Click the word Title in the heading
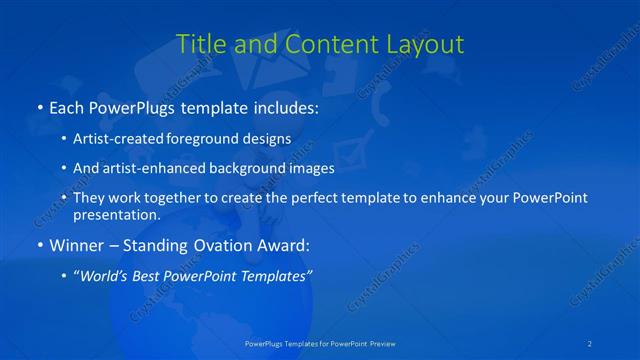click(x=199, y=44)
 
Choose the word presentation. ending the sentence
click(x=117, y=214)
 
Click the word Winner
click(x=75, y=244)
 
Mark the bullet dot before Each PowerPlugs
click(x=39, y=106)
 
